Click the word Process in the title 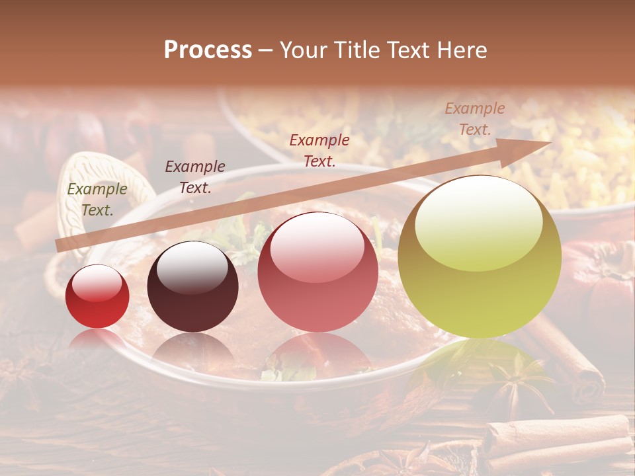208,50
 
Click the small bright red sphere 97,296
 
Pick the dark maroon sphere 192,286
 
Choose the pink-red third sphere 317,272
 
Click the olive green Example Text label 97,200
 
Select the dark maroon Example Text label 195,177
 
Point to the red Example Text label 319,150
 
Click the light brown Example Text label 474,119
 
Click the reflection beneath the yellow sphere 478,360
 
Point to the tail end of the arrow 60,246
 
